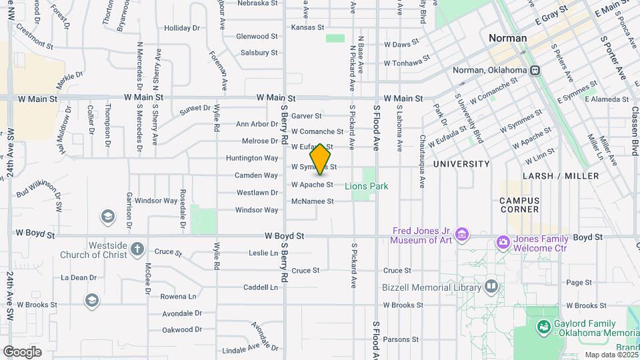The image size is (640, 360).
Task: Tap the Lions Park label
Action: [x=367, y=187]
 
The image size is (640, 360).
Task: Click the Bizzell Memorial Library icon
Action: [x=491, y=287]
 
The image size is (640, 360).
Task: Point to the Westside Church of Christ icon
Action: [x=137, y=249]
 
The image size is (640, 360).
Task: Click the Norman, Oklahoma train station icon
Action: [x=534, y=70]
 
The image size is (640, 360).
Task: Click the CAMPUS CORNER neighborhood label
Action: [x=519, y=205]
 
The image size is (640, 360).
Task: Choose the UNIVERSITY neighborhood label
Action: [x=461, y=164]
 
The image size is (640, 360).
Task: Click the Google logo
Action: [x=22, y=351]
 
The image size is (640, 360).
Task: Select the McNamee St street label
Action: [x=312, y=201]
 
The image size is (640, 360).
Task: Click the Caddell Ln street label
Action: [x=260, y=287]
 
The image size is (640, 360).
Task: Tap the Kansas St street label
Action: [x=307, y=27]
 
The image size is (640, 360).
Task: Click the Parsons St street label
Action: [x=401, y=339]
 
